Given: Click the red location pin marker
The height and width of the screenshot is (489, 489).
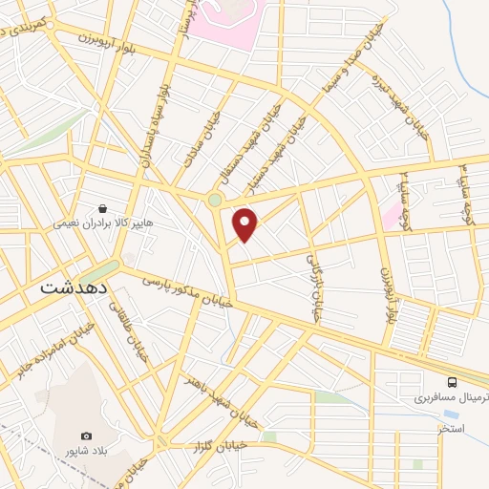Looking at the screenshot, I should tap(245, 224).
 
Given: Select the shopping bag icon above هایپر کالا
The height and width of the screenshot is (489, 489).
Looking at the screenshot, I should tap(102, 207).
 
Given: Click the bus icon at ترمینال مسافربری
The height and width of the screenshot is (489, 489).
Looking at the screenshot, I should tap(465, 380).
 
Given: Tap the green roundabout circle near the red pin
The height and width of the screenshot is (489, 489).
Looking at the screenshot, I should tap(215, 200).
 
